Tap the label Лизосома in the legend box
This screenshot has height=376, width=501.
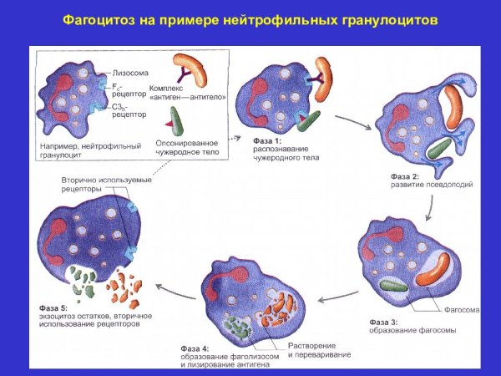point(131,73)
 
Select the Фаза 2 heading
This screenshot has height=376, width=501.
point(405,176)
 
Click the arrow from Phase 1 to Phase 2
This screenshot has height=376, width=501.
point(354,120)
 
